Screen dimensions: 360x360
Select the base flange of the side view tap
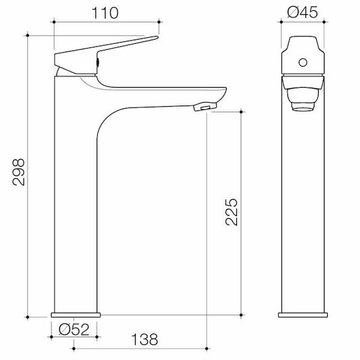[x=76, y=314]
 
